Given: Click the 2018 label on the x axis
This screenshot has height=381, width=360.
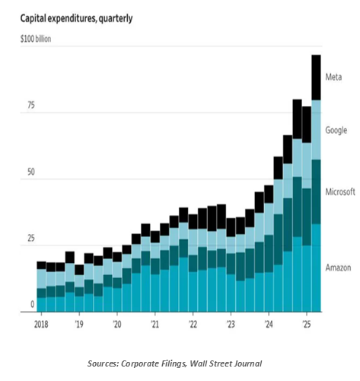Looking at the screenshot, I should pyautogui.click(x=41, y=324).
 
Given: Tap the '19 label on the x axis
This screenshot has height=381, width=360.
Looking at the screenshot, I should pyautogui.click(x=78, y=324).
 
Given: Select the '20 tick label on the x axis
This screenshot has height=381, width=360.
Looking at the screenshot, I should pyautogui.click(x=116, y=324).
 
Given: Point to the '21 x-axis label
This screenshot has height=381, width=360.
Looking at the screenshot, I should pyautogui.click(x=155, y=324).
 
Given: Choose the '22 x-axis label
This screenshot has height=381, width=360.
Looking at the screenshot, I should pyautogui.click(x=192, y=324).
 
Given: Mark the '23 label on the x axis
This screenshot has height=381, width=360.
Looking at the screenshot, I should pyautogui.click(x=230, y=324).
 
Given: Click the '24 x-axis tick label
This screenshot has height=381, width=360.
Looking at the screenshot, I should pyautogui.click(x=268, y=324).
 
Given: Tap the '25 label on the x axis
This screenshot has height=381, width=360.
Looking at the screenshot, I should pyautogui.click(x=305, y=324).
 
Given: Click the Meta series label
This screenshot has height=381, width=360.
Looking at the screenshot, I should pyautogui.click(x=333, y=77).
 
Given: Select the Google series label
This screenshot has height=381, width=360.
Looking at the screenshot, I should pyautogui.click(x=336, y=130).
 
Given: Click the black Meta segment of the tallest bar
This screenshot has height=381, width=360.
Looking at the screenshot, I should pyautogui.click(x=316, y=77).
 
